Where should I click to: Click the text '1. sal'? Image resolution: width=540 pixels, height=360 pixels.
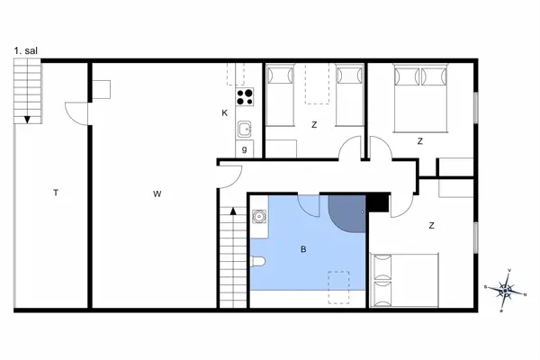(26, 51)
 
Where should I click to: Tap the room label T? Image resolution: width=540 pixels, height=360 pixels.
(56, 193)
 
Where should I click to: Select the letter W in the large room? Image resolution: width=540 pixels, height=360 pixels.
(157, 193)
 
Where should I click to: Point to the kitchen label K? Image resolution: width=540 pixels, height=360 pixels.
(224, 112)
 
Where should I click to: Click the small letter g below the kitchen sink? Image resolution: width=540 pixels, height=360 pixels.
(245, 149)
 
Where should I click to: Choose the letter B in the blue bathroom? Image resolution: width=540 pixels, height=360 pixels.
(304, 249)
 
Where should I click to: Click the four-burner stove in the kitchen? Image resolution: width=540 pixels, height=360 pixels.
(244, 96)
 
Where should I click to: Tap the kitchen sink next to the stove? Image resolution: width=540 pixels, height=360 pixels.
(244, 130)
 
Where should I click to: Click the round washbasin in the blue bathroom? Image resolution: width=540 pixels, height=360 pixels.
(258, 217)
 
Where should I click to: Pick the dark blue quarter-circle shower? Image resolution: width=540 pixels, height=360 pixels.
(347, 213)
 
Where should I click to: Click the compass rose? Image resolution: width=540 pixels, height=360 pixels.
(506, 290)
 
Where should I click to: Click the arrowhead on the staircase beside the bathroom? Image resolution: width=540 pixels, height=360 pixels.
(232, 211)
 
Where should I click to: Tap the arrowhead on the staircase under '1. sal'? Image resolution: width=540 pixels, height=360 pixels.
(28, 119)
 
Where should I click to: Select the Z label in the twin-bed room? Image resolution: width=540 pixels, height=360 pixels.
(314, 124)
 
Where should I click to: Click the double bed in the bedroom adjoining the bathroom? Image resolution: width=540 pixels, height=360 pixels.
(404, 278)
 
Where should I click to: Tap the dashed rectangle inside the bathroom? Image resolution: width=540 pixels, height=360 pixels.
(339, 286)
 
